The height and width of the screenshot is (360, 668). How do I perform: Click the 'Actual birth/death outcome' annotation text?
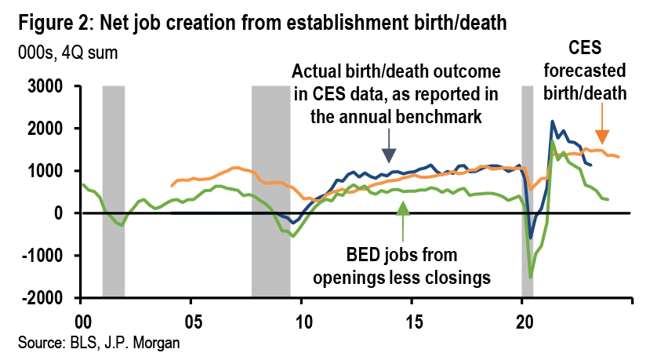[396, 94]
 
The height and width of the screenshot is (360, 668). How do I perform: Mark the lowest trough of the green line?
[531, 277]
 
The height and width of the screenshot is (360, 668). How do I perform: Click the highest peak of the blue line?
[553, 122]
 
